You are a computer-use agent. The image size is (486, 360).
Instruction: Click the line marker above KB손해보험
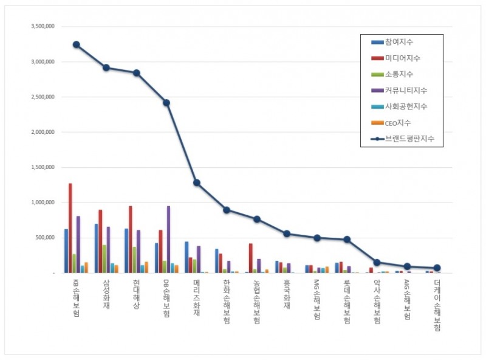point(76,44)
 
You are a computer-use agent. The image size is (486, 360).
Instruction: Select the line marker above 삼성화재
point(106,67)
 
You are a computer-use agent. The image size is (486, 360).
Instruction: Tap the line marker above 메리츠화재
point(196,182)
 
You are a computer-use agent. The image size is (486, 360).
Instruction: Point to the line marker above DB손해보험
point(166,103)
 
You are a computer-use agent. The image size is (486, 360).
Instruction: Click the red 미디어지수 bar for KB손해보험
point(70,228)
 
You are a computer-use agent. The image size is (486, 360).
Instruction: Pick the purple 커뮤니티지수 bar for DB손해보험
point(168,240)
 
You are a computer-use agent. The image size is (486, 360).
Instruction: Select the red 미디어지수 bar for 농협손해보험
point(251,258)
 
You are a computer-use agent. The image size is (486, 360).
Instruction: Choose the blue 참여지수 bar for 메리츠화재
point(187,257)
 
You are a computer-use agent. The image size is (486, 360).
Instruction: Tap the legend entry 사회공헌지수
point(403,106)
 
